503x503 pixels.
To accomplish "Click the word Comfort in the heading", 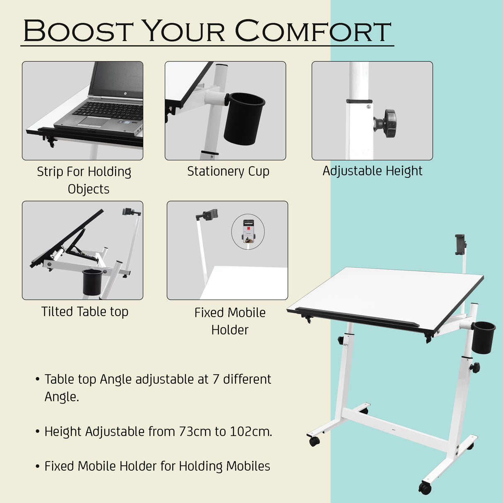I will coord(313,31).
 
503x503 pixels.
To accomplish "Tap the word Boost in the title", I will coord(78,31).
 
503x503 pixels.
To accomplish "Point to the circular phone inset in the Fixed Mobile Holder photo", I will coord(248,232).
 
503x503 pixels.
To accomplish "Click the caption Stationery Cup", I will coord(228,171).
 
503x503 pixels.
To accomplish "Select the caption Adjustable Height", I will coord(372,171).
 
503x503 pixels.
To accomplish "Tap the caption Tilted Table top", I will coord(85,312).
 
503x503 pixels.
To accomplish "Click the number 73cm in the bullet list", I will coord(195,432).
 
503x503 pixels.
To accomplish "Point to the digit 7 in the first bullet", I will coord(215,379).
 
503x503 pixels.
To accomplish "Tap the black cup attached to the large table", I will coord(483,337).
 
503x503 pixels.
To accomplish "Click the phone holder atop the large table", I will coord(460,244).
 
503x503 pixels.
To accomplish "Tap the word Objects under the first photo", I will coord(89,189).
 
